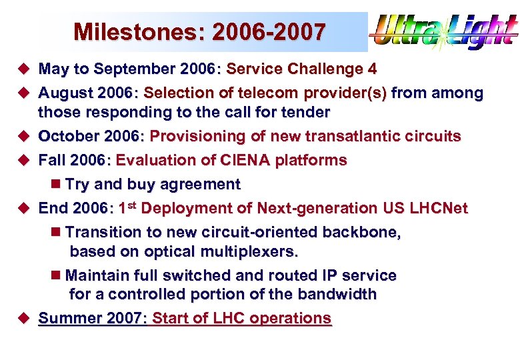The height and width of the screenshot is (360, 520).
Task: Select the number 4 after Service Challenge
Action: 372,69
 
